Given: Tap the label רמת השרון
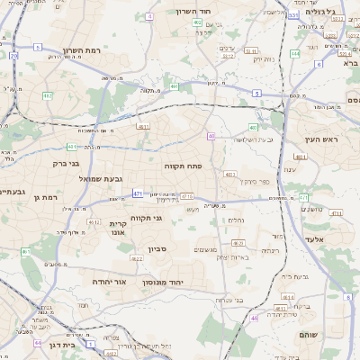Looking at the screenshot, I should tap(84, 51).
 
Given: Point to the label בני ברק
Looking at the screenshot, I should tap(62, 164).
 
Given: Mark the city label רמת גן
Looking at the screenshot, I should tap(43, 197).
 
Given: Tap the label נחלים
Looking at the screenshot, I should tap(236, 220).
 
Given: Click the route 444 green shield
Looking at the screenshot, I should tap(295, 55).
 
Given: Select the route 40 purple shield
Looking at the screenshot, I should tap(210, 136).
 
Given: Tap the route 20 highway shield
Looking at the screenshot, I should tap(14, 56).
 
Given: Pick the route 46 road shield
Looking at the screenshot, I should tap(254, 318).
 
